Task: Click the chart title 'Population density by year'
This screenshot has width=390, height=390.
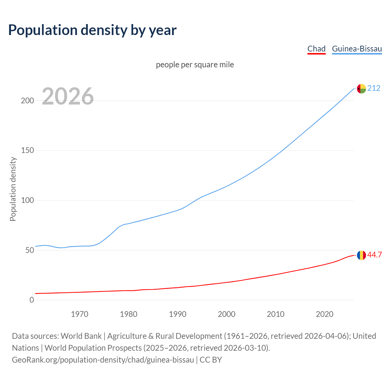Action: click(x=92, y=30)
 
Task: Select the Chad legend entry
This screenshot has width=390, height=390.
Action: click(x=316, y=49)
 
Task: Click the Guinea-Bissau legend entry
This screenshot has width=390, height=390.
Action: click(x=357, y=49)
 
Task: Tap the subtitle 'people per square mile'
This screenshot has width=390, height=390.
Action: click(x=195, y=65)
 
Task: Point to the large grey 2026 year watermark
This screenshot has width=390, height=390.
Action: click(x=68, y=97)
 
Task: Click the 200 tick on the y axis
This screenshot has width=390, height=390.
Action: click(x=27, y=101)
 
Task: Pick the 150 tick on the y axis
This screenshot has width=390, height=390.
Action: click(x=27, y=151)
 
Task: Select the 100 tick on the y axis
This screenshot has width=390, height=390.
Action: click(x=27, y=200)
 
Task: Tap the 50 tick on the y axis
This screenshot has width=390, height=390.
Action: click(x=29, y=250)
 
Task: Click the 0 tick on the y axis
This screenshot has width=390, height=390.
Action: click(x=32, y=300)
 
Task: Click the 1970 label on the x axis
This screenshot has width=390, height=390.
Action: click(x=80, y=314)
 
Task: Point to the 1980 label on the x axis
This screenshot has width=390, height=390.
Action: click(x=129, y=314)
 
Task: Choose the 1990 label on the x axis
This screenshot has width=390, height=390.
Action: click(x=178, y=314)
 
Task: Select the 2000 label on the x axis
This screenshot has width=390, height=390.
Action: click(x=226, y=314)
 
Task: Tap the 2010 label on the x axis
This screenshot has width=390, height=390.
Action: click(x=275, y=314)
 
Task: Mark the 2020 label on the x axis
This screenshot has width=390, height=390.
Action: click(x=324, y=314)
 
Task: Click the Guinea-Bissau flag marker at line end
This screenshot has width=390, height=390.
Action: click(x=361, y=89)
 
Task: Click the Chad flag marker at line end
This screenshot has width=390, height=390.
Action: click(x=361, y=255)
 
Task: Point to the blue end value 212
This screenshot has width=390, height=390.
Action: click(x=374, y=88)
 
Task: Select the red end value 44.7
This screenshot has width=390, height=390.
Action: click(x=374, y=255)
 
